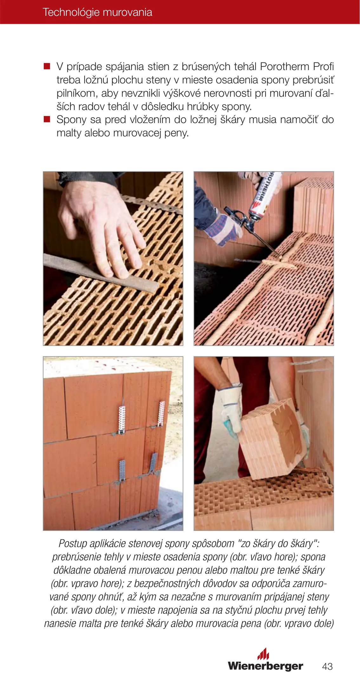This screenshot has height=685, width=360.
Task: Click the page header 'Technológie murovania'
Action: (x=97, y=12)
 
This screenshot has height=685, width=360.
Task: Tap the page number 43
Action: (x=327, y=666)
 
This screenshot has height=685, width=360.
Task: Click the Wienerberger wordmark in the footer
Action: (x=265, y=666)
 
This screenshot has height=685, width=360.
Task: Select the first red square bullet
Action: (x=47, y=66)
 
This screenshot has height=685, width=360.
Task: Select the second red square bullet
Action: (x=47, y=119)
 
